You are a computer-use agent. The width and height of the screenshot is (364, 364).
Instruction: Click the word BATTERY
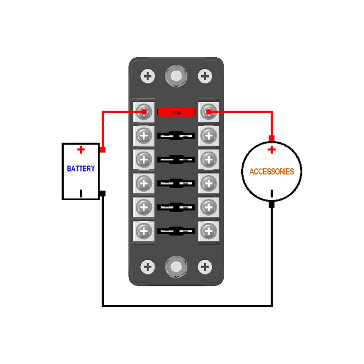[x=81, y=169]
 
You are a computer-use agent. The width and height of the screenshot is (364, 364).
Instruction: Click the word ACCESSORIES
[x=272, y=171]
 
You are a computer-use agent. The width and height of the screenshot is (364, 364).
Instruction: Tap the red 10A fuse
[x=176, y=112]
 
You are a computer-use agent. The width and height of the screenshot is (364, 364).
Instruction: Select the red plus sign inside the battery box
[x=81, y=149]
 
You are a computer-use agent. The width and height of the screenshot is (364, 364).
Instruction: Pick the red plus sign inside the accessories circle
[x=272, y=150]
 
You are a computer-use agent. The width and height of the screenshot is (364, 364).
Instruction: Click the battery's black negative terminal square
[x=102, y=193]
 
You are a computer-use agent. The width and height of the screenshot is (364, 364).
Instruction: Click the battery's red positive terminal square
[x=102, y=150]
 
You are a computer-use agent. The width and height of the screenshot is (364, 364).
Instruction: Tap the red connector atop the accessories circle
[x=272, y=138]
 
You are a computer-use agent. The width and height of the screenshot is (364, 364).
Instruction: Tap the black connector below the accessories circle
[x=272, y=205]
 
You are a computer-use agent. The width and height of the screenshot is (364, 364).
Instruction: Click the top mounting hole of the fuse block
[x=176, y=76]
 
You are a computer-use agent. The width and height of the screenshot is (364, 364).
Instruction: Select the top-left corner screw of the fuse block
[x=148, y=76]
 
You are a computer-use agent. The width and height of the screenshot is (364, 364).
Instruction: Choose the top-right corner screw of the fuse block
[x=205, y=76]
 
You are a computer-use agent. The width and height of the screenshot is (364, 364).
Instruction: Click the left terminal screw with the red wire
[x=144, y=112]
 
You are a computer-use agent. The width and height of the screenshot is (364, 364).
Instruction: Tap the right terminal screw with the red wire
[x=208, y=112]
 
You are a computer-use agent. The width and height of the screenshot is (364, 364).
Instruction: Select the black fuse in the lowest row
[x=176, y=230]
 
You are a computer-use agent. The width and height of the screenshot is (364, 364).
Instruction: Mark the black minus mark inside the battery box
[x=81, y=193]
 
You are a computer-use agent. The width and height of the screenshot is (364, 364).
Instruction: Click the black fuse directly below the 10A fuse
[x=176, y=136]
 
